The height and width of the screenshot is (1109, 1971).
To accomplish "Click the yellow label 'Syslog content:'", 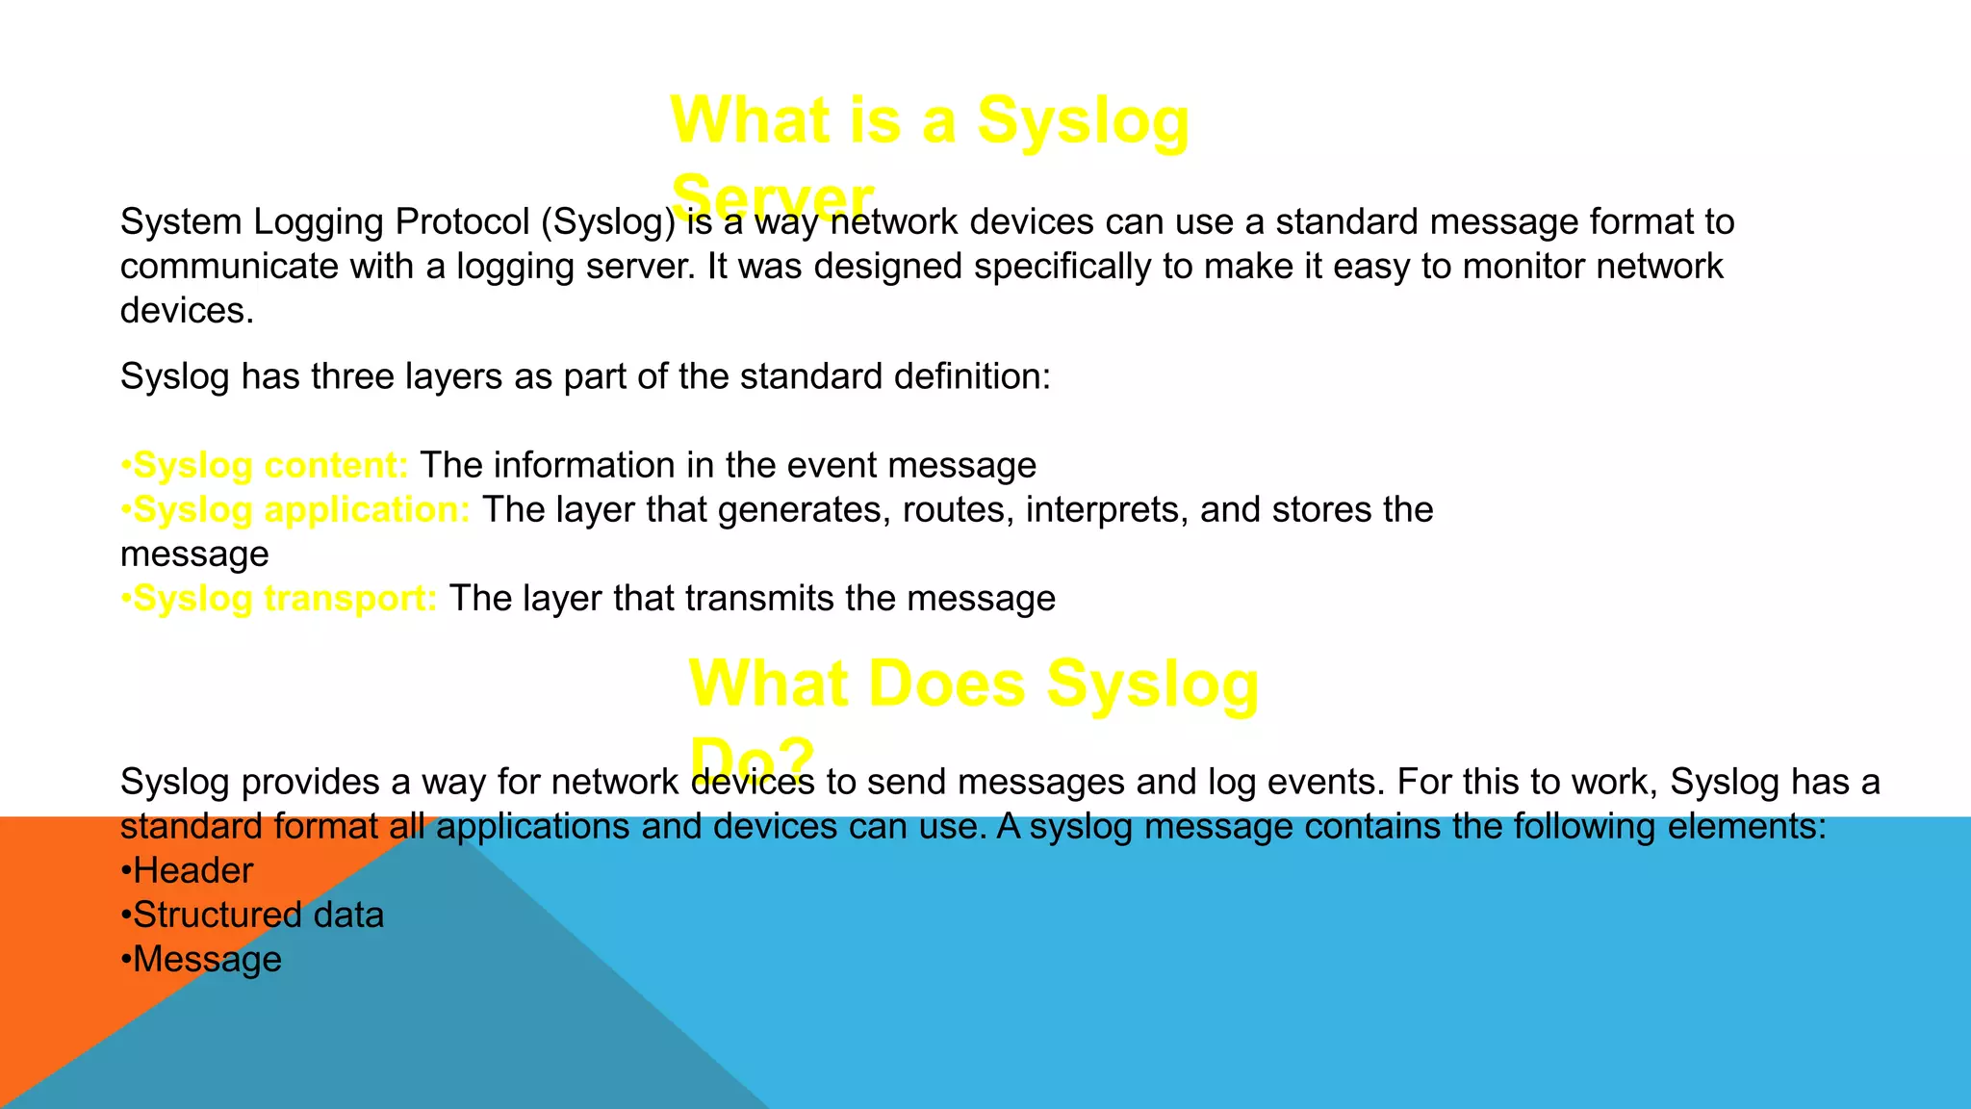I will pos(270,465).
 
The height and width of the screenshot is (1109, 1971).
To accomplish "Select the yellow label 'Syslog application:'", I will pos(301,509).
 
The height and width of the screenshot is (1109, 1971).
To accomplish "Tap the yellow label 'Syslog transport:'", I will pos(285,598).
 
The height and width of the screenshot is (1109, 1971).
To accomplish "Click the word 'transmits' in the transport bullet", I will pos(759,599).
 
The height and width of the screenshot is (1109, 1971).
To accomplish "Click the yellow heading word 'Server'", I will pos(772,197).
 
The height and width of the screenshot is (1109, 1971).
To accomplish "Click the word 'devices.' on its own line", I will pos(187,311).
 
